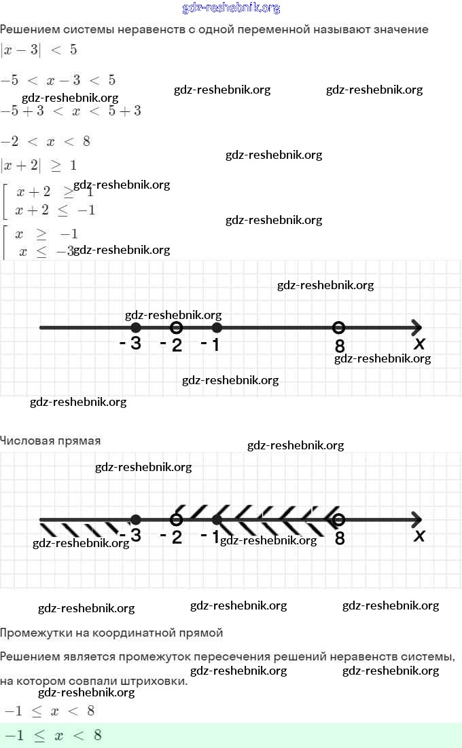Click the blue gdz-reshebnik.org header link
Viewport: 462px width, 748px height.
(x=231, y=8)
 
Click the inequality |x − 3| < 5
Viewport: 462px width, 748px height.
(x=39, y=50)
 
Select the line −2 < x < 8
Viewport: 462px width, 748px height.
(x=46, y=141)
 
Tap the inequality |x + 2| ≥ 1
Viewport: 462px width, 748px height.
(x=39, y=165)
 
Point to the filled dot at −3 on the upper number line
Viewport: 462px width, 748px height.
(x=136, y=328)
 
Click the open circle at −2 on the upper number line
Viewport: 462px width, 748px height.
(x=176, y=328)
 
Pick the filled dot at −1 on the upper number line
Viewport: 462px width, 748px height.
(x=217, y=328)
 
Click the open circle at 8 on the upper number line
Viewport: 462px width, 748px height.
(x=339, y=328)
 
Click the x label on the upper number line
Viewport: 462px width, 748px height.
(x=420, y=343)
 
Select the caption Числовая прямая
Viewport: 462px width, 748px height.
(x=50, y=441)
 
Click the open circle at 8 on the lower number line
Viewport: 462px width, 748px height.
(x=339, y=520)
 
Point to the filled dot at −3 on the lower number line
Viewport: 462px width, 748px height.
(x=136, y=520)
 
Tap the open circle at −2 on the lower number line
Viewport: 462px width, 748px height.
(x=176, y=520)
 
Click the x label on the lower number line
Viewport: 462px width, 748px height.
(x=420, y=536)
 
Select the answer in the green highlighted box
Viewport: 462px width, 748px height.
(x=53, y=735)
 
